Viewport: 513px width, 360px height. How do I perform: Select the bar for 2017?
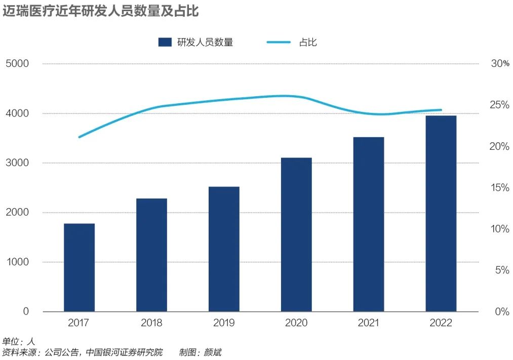(79, 267)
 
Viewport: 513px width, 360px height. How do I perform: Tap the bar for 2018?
(151, 255)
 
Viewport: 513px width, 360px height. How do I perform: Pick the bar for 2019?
(224, 249)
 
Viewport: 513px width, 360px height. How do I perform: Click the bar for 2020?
(296, 234)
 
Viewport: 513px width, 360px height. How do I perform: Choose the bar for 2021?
(369, 224)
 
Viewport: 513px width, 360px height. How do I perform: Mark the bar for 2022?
(441, 213)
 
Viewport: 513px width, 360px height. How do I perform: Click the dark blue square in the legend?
(165, 43)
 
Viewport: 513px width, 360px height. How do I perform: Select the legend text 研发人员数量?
(205, 43)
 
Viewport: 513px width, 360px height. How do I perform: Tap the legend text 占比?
(308, 43)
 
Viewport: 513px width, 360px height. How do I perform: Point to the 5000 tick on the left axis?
(18, 64)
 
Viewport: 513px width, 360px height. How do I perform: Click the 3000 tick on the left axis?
(18, 163)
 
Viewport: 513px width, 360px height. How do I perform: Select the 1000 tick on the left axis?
(18, 262)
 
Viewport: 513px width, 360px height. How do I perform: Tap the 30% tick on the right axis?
(500, 64)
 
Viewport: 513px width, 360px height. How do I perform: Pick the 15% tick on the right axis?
(500, 188)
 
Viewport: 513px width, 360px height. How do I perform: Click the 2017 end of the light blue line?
(80, 137)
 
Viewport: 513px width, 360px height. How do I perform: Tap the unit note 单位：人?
(19, 341)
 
